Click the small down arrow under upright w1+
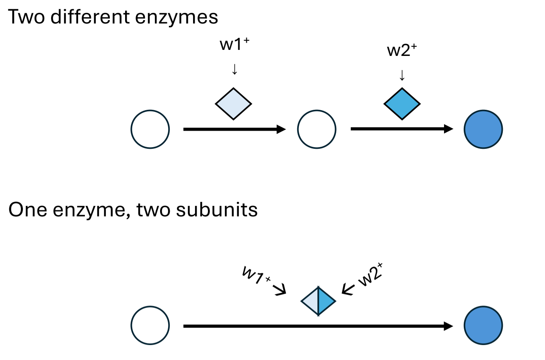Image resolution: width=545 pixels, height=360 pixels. click(234, 70)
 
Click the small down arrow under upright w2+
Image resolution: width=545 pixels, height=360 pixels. click(401, 75)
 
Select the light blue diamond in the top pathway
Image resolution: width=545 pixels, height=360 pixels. click(234, 104)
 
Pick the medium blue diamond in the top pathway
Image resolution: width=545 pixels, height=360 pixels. click(402, 104)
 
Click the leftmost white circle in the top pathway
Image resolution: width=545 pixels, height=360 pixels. click(150, 129)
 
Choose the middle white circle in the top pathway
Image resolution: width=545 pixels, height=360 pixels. click(317, 129)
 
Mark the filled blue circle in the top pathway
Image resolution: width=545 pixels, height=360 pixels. click(483, 129)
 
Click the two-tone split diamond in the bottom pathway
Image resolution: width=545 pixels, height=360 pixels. click(318, 301)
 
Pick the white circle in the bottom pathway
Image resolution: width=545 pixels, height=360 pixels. click(150, 326)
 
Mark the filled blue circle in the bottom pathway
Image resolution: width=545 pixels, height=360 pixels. click(483, 326)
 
